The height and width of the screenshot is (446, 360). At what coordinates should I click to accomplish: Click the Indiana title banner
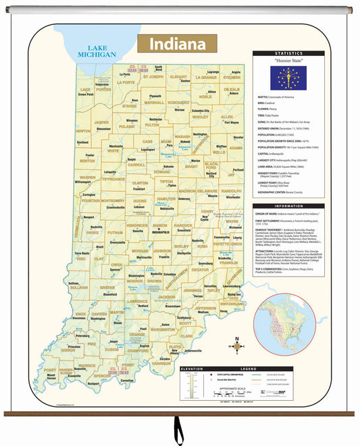(x=177, y=45)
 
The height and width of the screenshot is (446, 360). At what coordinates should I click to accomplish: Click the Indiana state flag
(x=288, y=78)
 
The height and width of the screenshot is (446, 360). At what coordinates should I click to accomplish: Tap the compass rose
(x=236, y=346)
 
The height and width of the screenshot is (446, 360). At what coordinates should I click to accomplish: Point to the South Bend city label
(x=158, y=68)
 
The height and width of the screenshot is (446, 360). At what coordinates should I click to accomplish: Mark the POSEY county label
(x=50, y=370)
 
